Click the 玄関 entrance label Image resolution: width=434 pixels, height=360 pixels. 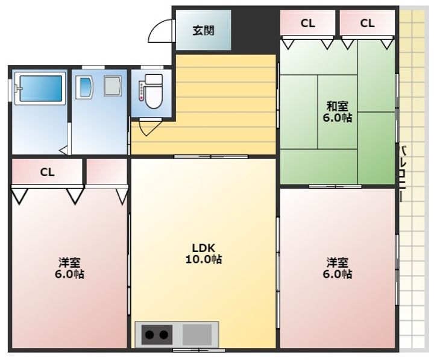pos(204,31)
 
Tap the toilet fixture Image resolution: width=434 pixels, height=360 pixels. pos(153,91)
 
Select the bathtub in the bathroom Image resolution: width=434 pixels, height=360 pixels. pos(41,88)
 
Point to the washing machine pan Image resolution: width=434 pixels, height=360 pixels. pos(113,86)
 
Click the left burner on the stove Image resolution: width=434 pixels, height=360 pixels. pos(149,335)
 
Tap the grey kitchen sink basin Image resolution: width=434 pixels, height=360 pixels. pos(197,335)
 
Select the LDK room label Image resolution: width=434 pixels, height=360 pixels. pos(204,247)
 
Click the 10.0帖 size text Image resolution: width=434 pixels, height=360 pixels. pos(204,259)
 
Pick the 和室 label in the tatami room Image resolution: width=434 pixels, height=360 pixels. pos(338,106)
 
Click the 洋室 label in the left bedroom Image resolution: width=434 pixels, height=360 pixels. pos(69,262)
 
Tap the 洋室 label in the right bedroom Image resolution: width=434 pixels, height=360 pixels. pos(338,262)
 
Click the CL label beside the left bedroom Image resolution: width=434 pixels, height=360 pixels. pos(48,172)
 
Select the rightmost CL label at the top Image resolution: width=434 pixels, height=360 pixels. pos(367,24)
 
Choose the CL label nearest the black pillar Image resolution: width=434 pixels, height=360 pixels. pos(308,24)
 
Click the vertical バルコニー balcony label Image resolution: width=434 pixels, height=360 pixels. pos(404,174)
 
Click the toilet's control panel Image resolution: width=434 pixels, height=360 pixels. pos(142,90)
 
